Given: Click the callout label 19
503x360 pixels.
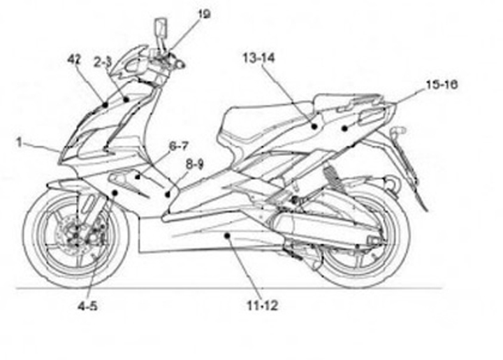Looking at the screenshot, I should coord(204,13).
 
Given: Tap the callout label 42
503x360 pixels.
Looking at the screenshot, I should coord(74,60).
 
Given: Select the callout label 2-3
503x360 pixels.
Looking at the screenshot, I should coord(103,62).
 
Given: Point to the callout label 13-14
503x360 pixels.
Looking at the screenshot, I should coord(258,59).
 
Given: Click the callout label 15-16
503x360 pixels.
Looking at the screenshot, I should coord(442,85).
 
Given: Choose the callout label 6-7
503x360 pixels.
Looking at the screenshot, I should coord(178,146).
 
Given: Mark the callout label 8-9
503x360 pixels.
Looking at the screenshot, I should coord(194,164).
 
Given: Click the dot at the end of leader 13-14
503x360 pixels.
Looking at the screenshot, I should coord(314,127).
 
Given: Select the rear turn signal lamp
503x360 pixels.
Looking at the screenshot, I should coord(400,131).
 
